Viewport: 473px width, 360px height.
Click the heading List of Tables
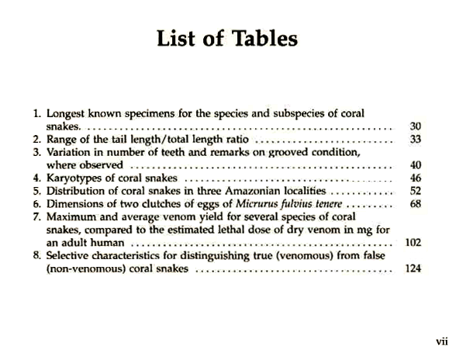[227, 39]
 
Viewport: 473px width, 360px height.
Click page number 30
[415, 126]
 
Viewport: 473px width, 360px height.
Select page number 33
[415, 140]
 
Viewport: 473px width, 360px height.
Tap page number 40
[415, 165]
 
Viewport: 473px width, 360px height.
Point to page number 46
[415, 178]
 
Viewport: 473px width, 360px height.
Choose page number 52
[415, 191]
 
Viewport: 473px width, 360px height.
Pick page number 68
[415, 204]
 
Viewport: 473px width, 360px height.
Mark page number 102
[413, 243]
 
